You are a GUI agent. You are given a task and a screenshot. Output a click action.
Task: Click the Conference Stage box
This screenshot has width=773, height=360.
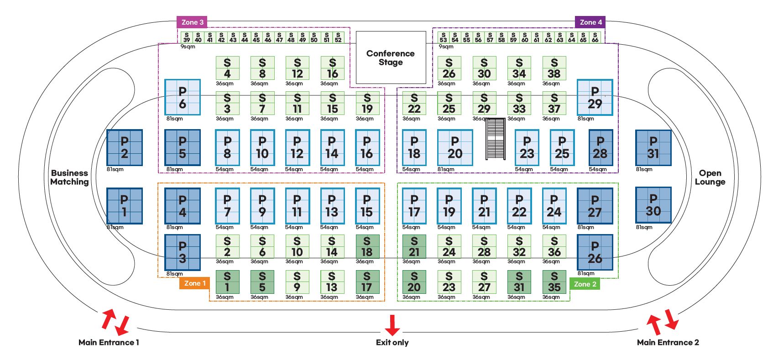click(391, 57)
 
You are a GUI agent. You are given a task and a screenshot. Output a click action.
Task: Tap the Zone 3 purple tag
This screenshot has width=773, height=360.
click(192, 22)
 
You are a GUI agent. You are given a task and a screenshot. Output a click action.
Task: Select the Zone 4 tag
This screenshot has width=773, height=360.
click(590, 22)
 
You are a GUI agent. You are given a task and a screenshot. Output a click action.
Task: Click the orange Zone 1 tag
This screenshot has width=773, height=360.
click(195, 283)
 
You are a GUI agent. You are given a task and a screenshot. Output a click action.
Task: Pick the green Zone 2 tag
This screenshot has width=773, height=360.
click(585, 284)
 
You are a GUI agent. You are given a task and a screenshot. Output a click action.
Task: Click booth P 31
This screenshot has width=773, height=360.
click(653, 147)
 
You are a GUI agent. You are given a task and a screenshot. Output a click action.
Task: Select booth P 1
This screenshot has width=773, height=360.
click(124, 206)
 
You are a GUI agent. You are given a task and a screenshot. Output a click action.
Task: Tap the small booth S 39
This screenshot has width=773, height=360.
click(187, 37)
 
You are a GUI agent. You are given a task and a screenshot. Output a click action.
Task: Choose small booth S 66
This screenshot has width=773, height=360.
click(595, 37)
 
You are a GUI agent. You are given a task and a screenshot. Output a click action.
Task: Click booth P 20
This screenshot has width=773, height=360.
click(454, 147)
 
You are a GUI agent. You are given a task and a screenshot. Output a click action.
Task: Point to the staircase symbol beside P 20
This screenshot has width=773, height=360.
click(496, 139)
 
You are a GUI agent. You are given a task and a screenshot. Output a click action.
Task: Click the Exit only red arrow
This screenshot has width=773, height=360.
click(392, 325)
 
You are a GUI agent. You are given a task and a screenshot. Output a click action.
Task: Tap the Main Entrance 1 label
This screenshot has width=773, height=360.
click(109, 343)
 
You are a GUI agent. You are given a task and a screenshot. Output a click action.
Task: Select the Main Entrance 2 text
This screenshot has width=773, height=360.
click(668, 343)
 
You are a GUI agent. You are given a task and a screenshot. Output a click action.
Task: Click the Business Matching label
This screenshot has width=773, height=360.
click(69, 177)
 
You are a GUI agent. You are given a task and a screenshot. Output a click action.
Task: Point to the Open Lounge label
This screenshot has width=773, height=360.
click(710, 177)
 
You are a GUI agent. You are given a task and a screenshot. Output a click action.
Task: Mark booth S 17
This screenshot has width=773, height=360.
click(366, 282)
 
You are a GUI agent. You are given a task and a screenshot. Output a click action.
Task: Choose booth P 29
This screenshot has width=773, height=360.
click(595, 97)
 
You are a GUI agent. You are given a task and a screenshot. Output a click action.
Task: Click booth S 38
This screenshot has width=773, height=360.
click(554, 68)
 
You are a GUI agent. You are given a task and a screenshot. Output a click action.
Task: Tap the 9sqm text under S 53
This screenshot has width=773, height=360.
click(446, 47)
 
